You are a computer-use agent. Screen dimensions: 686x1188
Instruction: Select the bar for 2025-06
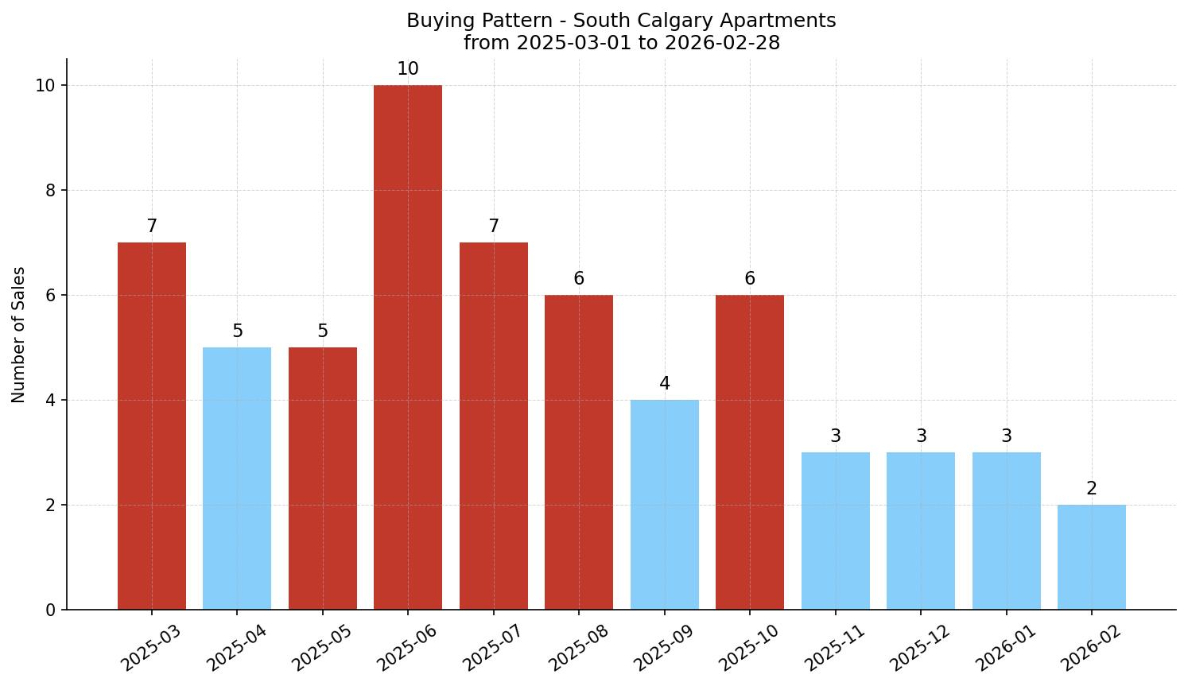coord(408,347)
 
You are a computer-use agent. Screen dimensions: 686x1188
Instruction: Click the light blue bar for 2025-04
coord(237,479)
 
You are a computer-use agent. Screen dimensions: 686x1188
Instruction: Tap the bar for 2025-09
coord(665,505)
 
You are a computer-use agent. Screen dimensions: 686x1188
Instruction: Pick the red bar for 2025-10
coord(750,452)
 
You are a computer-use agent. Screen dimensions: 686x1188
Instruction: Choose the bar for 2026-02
coord(1092,557)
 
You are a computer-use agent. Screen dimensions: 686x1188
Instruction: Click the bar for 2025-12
coord(921,531)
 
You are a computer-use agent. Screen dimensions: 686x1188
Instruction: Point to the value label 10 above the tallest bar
coord(408,69)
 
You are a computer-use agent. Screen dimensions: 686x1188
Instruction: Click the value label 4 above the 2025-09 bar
coord(665,384)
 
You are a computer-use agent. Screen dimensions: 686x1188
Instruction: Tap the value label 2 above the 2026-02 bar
coord(1092,489)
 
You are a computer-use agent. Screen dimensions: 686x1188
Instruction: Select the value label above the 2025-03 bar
coord(152,227)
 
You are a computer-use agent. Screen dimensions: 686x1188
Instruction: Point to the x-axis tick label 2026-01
coord(1004,648)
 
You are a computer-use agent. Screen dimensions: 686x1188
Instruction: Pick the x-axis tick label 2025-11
coord(833,648)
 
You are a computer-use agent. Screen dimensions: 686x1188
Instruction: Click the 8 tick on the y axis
coord(50,191)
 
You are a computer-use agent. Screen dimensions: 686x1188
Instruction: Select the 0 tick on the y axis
coord(50,610)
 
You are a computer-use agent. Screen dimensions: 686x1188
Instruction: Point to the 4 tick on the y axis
coord(50,401)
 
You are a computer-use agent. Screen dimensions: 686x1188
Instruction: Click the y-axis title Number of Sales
coord(19,335)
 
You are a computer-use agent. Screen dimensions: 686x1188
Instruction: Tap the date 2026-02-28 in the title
coord(722,43)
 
